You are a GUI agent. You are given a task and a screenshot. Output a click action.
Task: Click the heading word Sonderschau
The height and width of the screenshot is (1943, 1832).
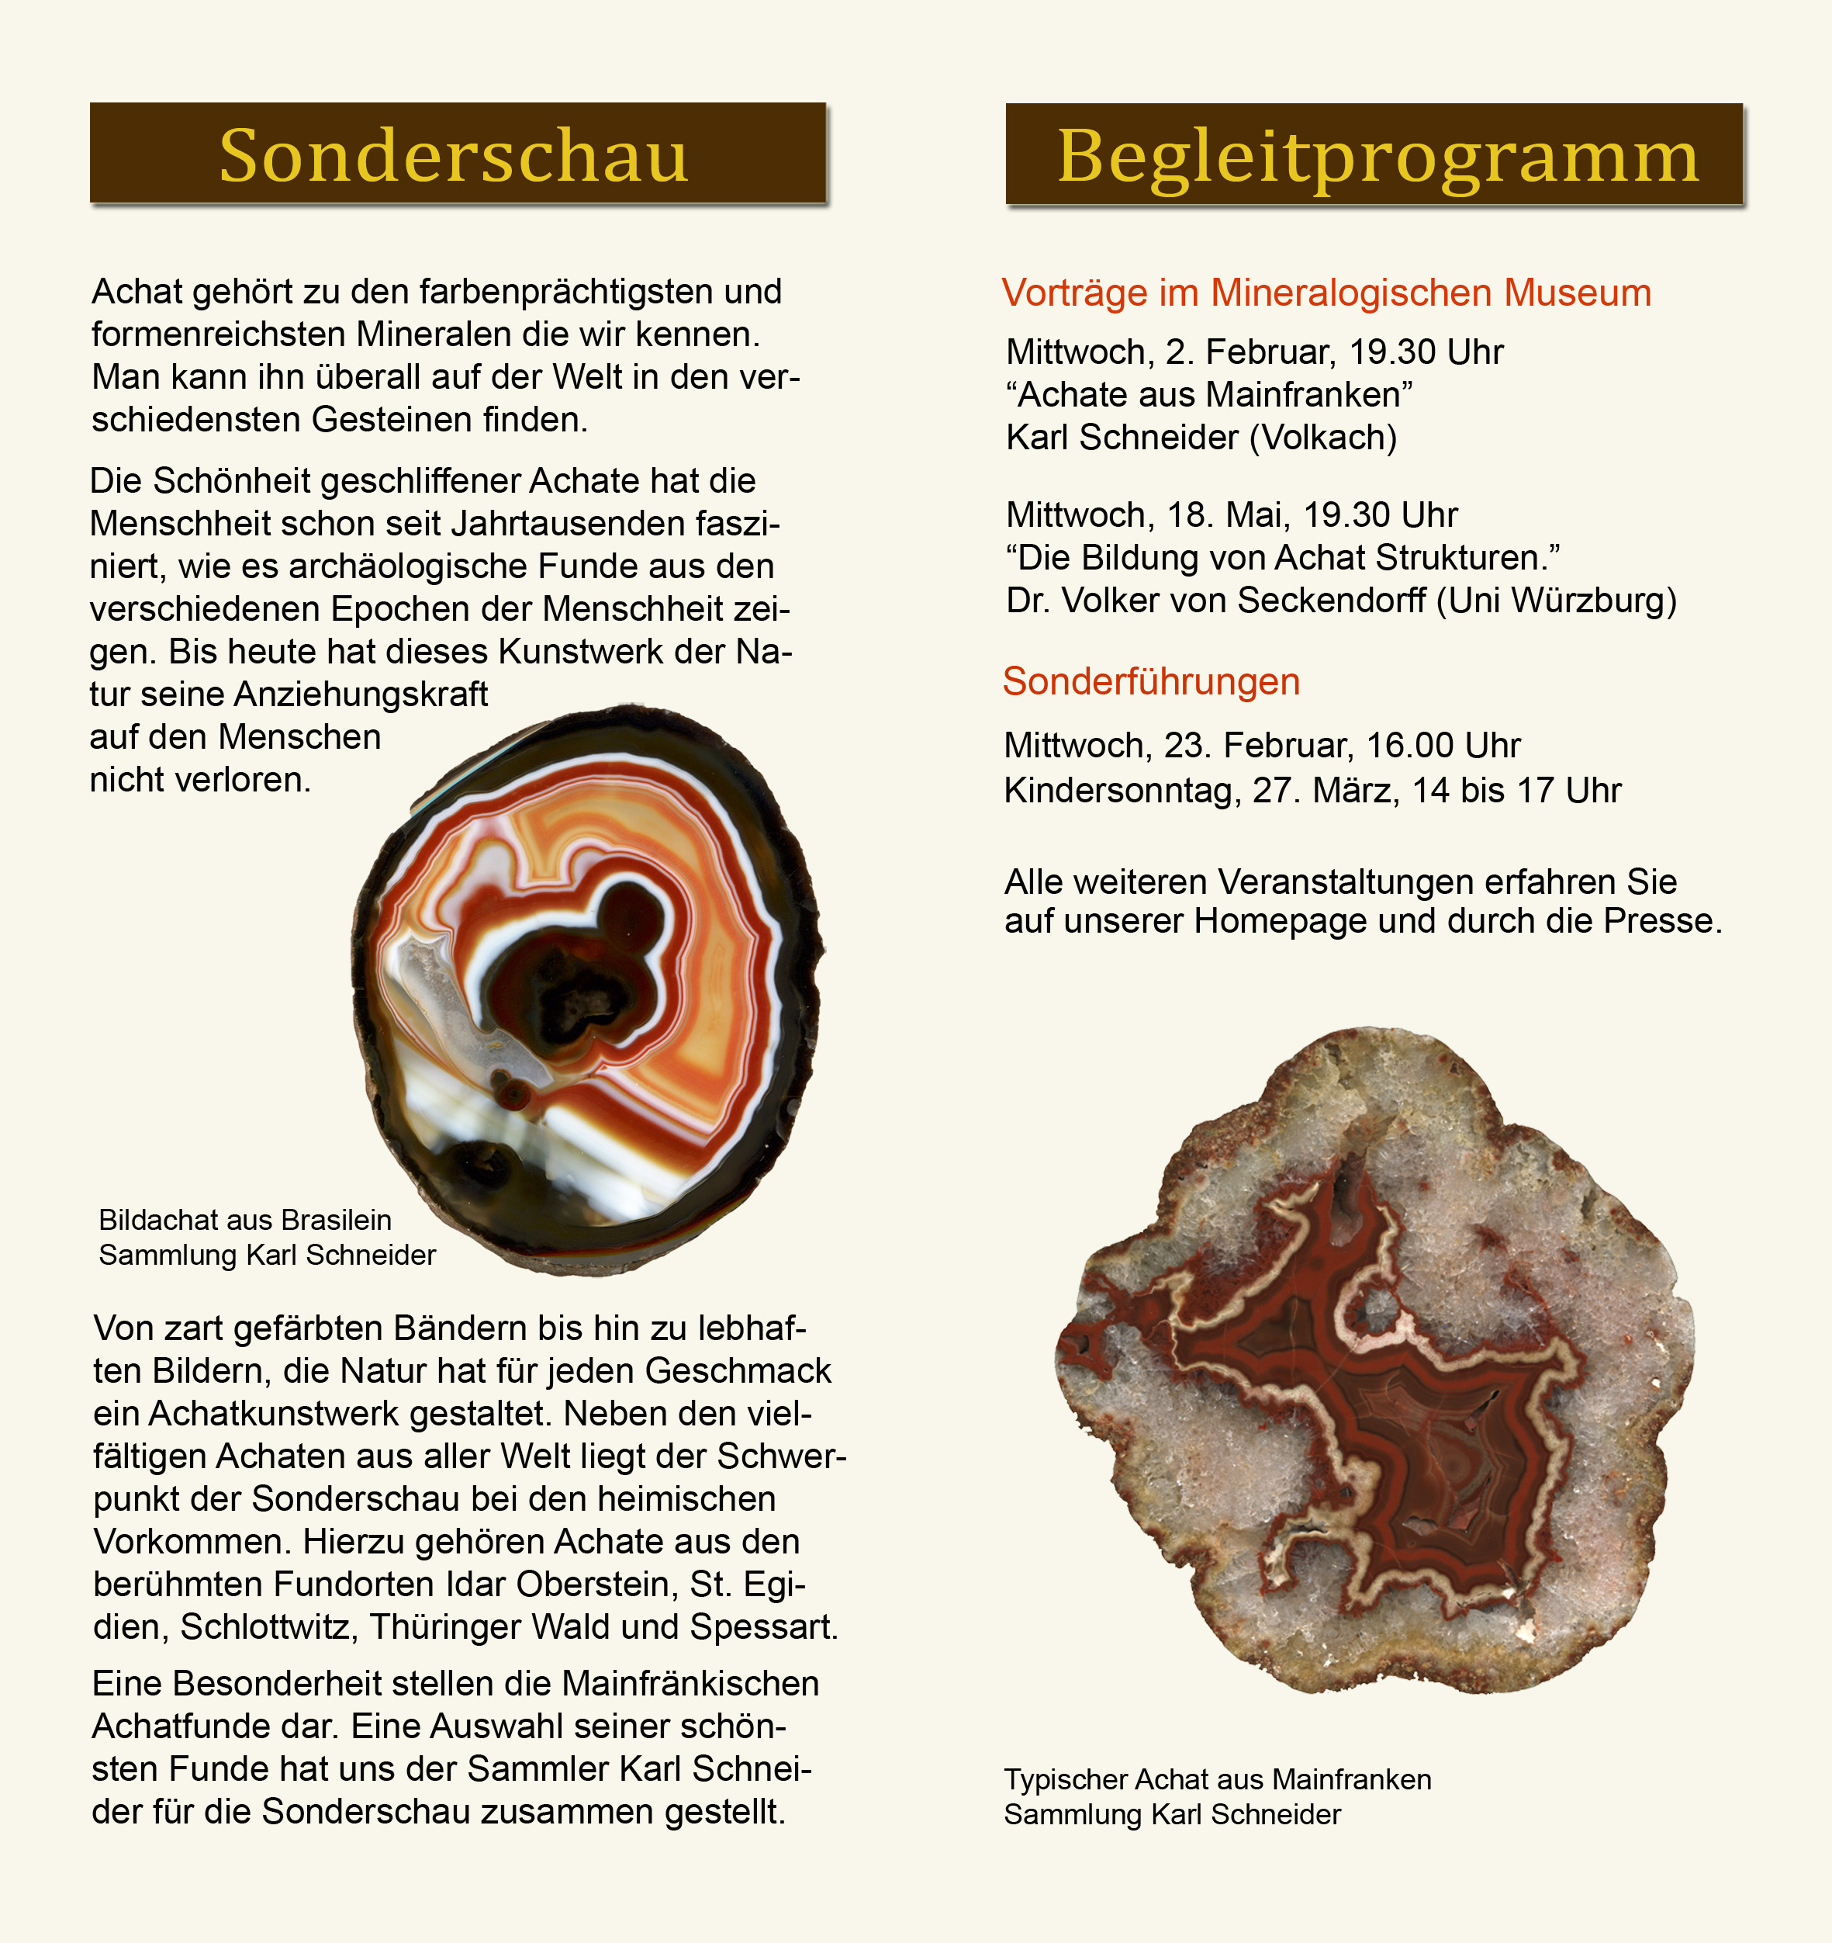(x=454, y=157)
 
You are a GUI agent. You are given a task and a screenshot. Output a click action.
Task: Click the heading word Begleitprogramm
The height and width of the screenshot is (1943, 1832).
(x=1377, y=157)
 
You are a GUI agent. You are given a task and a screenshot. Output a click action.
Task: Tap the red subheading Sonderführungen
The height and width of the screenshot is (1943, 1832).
(x=1151, y=682)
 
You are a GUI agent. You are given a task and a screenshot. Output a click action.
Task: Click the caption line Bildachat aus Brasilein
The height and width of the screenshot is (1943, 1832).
(x=245, y=1220)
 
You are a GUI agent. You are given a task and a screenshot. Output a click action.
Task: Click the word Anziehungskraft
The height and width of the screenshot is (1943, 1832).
(x=361, y=694)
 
